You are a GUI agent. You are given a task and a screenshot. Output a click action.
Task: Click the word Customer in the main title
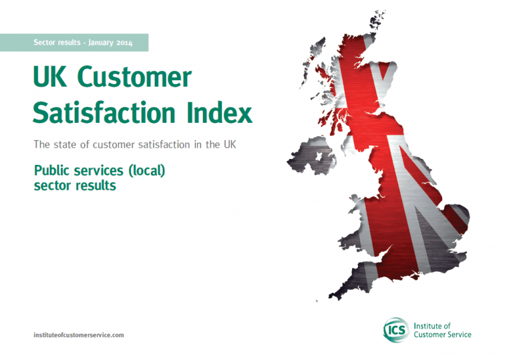134,77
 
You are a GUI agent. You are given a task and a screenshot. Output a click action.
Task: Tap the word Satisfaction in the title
104,112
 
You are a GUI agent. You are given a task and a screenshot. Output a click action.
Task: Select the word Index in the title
220,112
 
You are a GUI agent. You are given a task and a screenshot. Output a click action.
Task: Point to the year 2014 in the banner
124,43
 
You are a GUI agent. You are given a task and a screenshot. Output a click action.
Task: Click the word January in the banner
101,43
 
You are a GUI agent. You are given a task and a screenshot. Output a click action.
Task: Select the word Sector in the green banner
44,42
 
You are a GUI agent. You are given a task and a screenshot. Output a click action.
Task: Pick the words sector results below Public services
75,186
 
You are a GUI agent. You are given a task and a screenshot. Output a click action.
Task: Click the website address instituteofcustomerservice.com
79,335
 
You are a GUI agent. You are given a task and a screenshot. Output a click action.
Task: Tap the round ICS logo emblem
396,329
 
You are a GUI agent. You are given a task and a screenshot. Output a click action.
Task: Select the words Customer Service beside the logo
442,335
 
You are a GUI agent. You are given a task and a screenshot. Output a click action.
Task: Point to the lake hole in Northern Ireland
319,157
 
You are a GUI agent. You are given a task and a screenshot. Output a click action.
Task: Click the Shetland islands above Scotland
377,20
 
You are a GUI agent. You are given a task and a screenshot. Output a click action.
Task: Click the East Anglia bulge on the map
456,218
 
